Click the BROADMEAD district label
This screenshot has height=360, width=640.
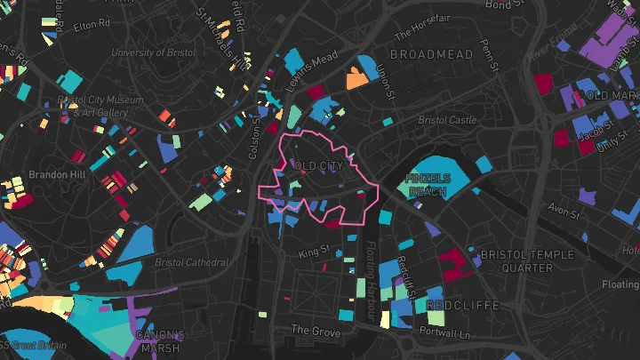tap(431, 55)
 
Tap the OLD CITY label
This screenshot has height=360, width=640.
tap(317, 166)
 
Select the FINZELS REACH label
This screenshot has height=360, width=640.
tap(428, 185)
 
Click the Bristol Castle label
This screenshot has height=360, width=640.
tap(447, 120)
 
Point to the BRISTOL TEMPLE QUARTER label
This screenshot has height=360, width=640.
tap(516, 260)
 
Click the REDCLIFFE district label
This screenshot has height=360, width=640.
tap(460, 305)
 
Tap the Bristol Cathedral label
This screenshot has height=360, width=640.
tap(192, 262)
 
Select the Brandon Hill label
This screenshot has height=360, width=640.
tap(57, 175)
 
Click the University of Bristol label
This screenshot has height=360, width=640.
tap(152, 52)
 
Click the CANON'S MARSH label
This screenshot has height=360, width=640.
tap(160, 341)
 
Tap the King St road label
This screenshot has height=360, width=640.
tap(314, 253)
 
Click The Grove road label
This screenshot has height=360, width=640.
tap(311, 330)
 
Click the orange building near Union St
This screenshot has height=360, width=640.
tap(357, 80)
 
